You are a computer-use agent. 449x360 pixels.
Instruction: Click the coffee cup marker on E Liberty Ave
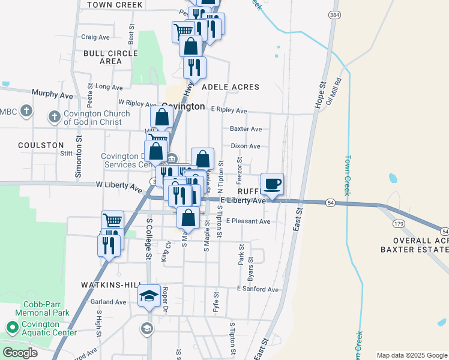tap(272, 184)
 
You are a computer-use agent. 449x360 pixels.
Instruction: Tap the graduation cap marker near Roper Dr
tap(149, 295)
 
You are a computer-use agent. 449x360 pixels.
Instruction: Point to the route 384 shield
tap(334, 13)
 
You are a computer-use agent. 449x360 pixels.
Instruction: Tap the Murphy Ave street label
tap(52, 95)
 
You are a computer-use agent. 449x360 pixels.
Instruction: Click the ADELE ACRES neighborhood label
tap(231, 87)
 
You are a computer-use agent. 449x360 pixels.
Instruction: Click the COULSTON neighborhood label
tap(41, 145)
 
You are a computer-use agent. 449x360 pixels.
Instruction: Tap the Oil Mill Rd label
tap(337, 90)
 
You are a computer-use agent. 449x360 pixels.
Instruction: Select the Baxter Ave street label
tap(246, 129)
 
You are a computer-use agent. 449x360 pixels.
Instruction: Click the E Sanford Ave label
tap(258, 289)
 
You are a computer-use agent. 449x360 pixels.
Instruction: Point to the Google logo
tap(19, 353)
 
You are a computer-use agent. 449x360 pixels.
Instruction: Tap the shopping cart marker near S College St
tap(112, 221)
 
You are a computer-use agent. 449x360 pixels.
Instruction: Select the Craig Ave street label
tap(95, 37)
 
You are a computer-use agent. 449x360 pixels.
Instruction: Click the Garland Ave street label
tap(109, 302)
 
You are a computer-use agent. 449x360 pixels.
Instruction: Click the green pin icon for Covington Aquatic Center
tap(11, 328)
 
